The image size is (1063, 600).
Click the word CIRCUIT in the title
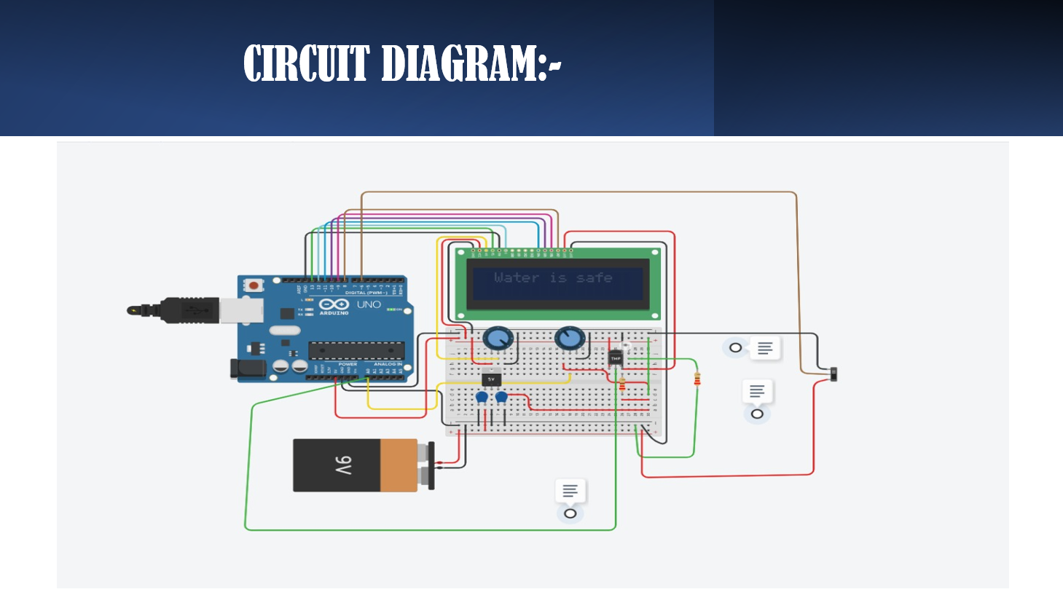click(306, 63)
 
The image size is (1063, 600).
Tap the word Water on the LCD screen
click(516, 277)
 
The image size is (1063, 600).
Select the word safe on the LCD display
click(594, 277)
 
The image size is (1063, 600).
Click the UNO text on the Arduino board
click(369, 304)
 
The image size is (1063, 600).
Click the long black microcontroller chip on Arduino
click(356, 350)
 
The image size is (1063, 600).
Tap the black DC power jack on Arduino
click(248, 368)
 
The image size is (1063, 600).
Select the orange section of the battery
click(399, 465)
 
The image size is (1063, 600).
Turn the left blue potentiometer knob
click(498, 339)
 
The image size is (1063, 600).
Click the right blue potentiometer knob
click(569, 338)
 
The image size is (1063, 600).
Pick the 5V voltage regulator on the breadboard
click(491, 379)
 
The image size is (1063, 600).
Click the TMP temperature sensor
click(616, 358)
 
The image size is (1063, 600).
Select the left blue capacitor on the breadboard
click(482, 398)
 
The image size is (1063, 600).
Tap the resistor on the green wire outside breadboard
click(697, 379)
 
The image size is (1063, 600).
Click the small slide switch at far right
click(834, 374)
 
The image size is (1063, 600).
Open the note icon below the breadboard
click(570, 491)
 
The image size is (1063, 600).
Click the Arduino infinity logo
click(334, 304)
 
